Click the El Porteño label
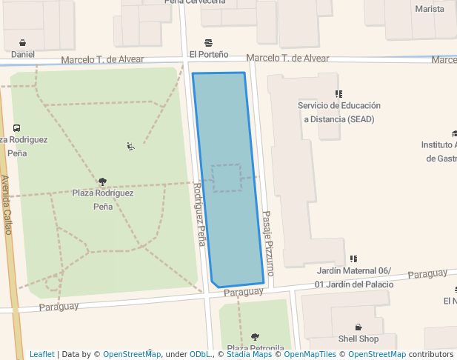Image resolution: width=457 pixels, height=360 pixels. tap(208, 54)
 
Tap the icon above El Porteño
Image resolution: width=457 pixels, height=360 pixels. tap(208, 42)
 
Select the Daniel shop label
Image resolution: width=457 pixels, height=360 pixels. tap(23, 54)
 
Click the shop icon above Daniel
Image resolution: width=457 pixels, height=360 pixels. tap(23, 42)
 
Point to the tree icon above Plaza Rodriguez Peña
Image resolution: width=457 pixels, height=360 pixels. tap(102, 181)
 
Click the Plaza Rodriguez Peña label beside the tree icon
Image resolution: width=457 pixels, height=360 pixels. tap(103, 199)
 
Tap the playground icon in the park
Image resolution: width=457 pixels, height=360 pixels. tap(130, 146)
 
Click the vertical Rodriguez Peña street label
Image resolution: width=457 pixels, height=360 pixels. tap(199, 214)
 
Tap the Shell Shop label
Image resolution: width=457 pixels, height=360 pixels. tap(358, 339)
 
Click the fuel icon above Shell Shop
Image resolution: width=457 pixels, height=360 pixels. tap(358, 327)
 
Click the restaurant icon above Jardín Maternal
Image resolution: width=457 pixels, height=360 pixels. tap(353, 259)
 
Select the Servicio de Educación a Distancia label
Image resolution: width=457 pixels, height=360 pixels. tap(338, 112)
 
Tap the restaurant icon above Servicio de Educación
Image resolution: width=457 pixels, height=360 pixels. tap(338, 94)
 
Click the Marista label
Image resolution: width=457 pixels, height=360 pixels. tap(430, 9)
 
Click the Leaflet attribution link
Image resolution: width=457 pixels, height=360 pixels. tap(41, 354)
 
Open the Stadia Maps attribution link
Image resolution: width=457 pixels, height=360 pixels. tap(249, 354)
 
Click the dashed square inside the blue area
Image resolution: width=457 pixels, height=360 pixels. tap(226, 178)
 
